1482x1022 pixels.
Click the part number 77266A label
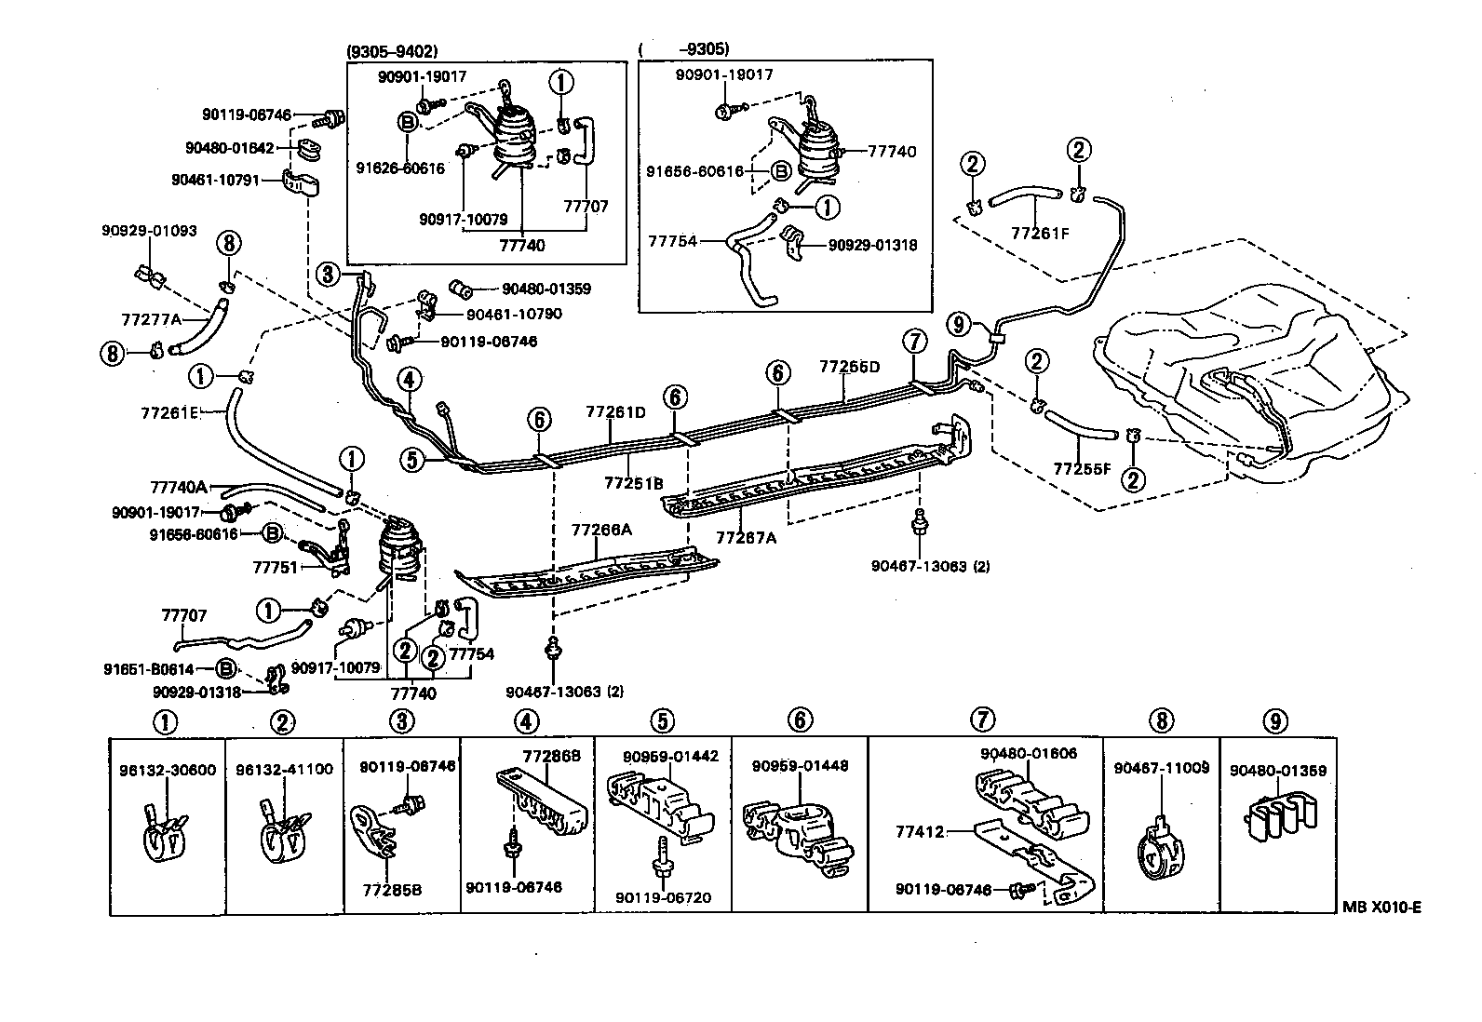[600, 530]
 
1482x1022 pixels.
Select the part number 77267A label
[746, 537]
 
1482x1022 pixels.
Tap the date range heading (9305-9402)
[391, 52]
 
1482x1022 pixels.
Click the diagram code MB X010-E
[1381, 908]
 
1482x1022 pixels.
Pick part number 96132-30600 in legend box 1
[168, 770]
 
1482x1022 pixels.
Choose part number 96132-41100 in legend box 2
[284, 770]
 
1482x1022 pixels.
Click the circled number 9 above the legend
[1275, 720]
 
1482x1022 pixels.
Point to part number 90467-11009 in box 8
[1161, 767]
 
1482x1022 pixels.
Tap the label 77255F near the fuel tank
[1082, 468]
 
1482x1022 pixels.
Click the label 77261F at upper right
[1041, 233]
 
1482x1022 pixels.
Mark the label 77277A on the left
[150, 319]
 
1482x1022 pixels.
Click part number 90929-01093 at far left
[149, 231]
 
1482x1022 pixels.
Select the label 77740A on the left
[178, 487]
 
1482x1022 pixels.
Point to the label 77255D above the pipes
[849, 366]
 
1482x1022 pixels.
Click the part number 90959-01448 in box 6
[800, 765]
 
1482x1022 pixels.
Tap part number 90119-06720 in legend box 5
[663, 897]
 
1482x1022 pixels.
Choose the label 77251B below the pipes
[633, 483]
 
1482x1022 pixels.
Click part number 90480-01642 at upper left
[229, 147]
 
